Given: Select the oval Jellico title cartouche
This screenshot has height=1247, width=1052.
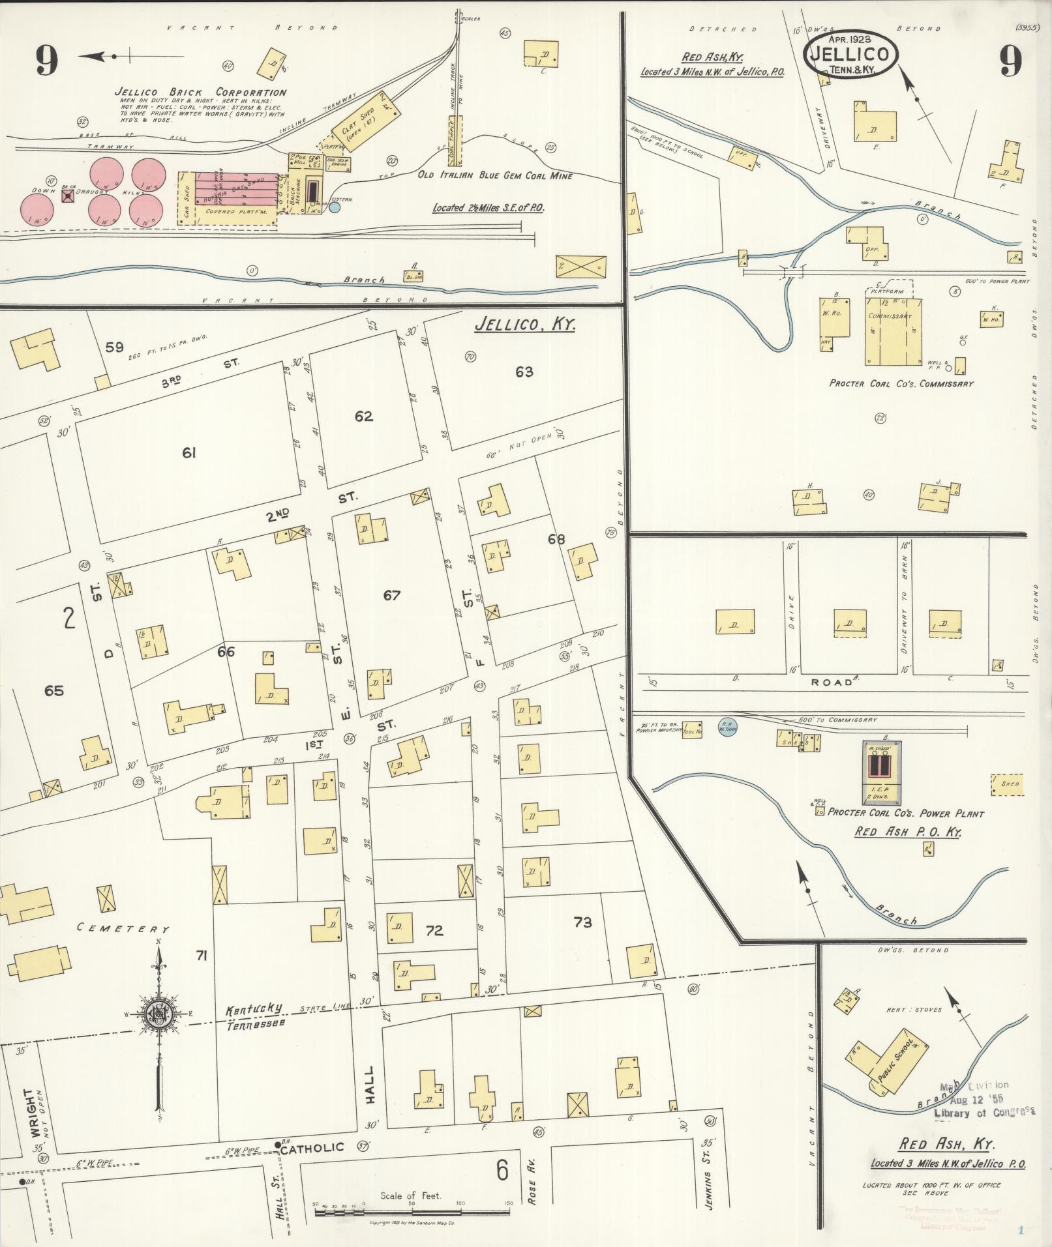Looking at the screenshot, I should (x=850, y=55).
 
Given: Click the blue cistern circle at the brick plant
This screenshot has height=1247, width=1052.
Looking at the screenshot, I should (x=335, y=207).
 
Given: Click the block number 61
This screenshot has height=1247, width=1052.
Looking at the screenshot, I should (x=189, y=452).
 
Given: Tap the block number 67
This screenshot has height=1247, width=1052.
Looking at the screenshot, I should (x=391, y=594).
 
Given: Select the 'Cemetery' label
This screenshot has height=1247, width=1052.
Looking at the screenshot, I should (x=123, y=928).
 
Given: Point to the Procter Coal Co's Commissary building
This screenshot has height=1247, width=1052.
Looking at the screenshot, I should (x=894, y=331).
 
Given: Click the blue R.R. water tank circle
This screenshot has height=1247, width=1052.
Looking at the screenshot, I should (x=727, y=726).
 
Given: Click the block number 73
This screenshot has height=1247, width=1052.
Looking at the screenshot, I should (x=582, y=922).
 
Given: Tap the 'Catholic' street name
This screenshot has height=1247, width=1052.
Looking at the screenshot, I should (x=312, y=1147).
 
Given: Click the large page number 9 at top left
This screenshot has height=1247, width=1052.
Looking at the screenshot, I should (x=47, y=62).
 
